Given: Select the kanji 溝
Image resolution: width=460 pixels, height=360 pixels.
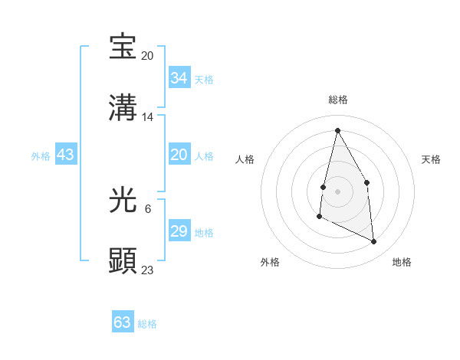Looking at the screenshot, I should pyautogui.click(x=123, y=108).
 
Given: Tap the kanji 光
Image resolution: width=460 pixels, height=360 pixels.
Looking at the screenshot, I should pyautogui.click(x=123, y=201).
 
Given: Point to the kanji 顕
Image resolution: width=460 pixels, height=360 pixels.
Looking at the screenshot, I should pyautogui.click(x=123, y=261).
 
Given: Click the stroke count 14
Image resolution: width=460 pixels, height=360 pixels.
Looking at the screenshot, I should pyautogui.click(x=148, y=117).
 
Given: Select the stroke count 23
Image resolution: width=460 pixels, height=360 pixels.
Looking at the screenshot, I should pyautogui.click(x=148, y=270).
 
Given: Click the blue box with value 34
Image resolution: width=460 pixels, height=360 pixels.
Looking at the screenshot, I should pyautogui.click(x=179, y=78).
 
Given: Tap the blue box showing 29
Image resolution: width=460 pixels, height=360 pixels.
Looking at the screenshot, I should pyautogui.click(x=179, y=231).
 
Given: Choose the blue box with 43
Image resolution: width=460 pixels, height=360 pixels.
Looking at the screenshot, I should pyautogui.click(x=66, y=155).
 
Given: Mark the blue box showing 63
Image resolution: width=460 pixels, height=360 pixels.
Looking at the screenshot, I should pyautogui.click(x=123, y=322).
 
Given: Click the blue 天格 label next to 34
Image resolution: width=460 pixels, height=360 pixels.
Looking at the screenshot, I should pyautogui.click(x=204, y=80).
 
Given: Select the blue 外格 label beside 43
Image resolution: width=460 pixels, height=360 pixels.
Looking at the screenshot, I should pyautogui.click(x=41, y=156).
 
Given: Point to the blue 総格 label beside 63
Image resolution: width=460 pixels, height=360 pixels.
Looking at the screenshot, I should pyautogui.click(x=147, y=324).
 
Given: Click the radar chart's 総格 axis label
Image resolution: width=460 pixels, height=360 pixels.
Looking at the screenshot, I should pyautogui.click(x=338, y=100).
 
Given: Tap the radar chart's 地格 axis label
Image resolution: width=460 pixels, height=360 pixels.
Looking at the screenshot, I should pyautogui.click(x=402, y=262).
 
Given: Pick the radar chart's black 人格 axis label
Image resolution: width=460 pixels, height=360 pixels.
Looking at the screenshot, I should pyautogui.click(x=245, y=159).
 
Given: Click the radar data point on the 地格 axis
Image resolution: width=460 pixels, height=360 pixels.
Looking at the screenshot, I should pyautogui.click(x=374, y=242).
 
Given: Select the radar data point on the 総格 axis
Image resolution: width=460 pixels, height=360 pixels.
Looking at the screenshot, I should pyautogui.click(x=337, y=130).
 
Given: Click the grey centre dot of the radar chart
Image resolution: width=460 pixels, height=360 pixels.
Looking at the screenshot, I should pyautogui.click(x=337, y=191).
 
